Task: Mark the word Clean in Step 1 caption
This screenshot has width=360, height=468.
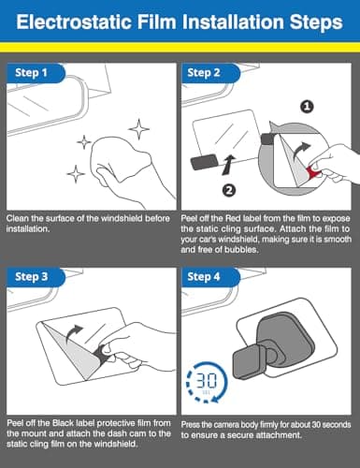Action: click(x=17, y=219)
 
